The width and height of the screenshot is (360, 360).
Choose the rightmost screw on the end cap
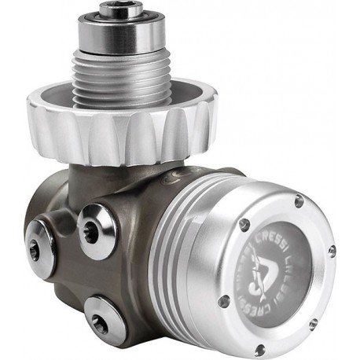click(x=332, y=250)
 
